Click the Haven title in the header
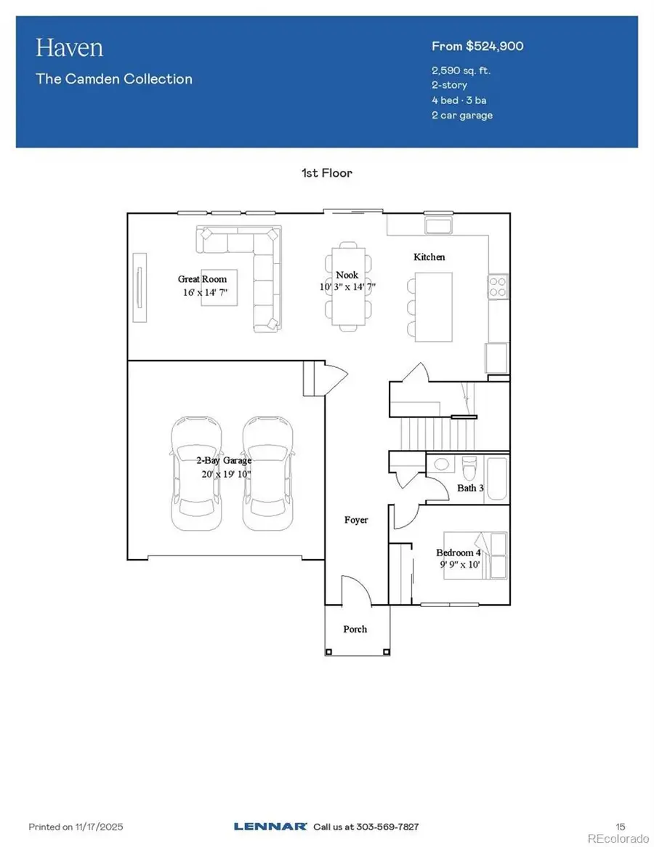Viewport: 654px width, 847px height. click(x=70, y=48)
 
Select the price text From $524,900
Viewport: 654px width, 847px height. click(x=477, y=47)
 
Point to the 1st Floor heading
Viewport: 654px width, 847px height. click(x=326, y=173)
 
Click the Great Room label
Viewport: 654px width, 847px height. click(x=202, y=278)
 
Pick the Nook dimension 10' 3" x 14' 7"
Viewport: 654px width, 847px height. click(x=347, y=286)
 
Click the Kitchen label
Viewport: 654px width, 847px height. click(x=429, y=257)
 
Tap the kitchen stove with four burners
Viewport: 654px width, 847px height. click(x=497, y=286)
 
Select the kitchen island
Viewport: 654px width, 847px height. click(x=432, y=306)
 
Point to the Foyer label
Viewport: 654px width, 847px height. click(x=356, y=520)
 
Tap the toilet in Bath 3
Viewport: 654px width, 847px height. click(x=469, y=463)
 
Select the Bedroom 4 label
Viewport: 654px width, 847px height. click(x=459, y=553)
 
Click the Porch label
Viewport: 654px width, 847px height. click(x=355, y=629)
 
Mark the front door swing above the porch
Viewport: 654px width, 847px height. click(x=356, y=590)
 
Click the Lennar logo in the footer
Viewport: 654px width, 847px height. click(x=270, y=827)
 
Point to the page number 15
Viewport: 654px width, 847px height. click(x=620, y=827)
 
